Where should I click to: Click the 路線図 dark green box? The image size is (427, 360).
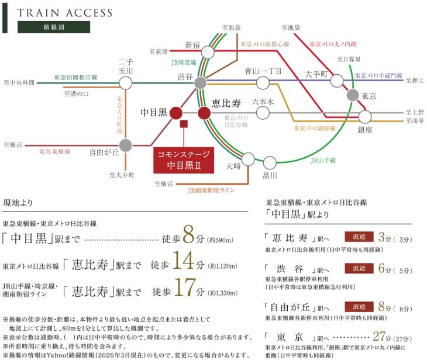pos(54,27)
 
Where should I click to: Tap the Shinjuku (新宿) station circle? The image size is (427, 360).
pos(208,53)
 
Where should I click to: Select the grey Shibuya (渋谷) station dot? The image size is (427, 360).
pos(200,82)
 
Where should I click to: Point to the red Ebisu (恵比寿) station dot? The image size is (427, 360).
pos(204,113)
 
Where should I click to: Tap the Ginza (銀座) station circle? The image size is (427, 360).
pos(365,116)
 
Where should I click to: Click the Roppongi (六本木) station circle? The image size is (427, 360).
pos(263,113)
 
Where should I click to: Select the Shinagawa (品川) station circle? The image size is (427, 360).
pos(270,162)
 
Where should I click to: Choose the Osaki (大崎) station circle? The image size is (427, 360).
pos(248,158)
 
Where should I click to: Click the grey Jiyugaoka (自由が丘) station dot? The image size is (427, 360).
pos(125,145)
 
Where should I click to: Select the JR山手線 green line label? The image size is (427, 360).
pos(323,159)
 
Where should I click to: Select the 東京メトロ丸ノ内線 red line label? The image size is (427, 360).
pos(333,44)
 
